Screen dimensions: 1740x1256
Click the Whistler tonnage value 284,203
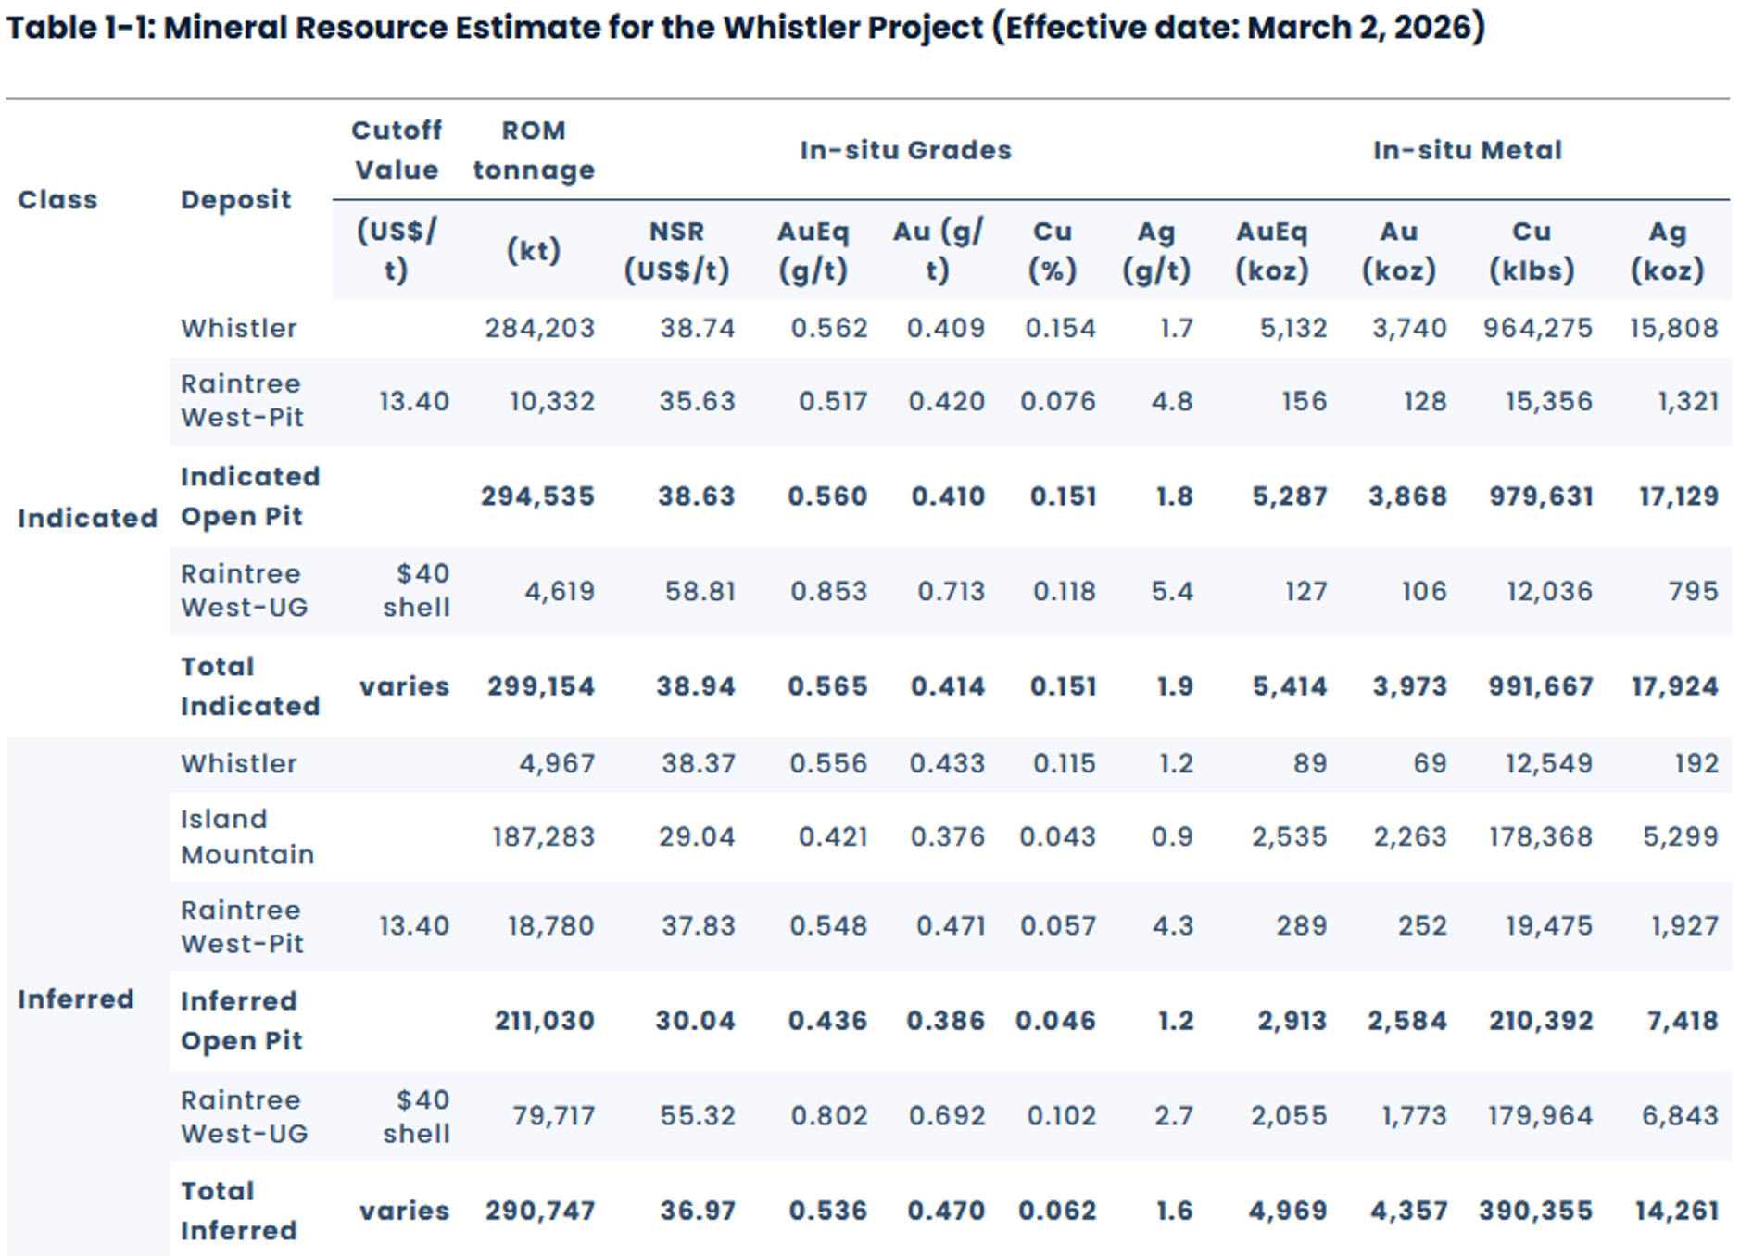(539, 329)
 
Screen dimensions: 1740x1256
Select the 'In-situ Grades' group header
(905, 150)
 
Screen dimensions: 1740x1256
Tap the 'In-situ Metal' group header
(1467, 150)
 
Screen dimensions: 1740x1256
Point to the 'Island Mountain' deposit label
(247, 836)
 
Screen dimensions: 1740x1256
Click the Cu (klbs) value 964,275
(1537, 329)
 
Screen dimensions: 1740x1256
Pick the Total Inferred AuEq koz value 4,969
(1287, 1211)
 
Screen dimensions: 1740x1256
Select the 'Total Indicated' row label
(250, 686)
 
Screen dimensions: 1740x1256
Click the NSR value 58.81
(700, 591)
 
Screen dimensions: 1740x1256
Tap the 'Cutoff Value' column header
(397, 150)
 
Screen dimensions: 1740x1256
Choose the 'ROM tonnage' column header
(534, 150)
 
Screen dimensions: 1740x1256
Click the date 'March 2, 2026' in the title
(1359, 28)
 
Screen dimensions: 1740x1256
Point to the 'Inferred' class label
(76, 999)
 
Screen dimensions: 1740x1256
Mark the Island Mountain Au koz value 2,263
(1409, 837)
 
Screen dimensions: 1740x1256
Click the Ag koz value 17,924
(1674, 686)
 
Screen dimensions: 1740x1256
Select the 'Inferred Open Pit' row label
(239, 1021)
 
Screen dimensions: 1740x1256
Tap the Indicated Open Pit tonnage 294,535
(537, 496)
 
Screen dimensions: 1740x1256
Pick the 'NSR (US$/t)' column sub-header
(676, 251)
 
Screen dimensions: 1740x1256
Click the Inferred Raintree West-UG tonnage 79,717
(553, 1116)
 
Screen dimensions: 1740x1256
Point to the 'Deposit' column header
(235, 200)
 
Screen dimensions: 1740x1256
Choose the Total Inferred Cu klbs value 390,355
(1535, 1211)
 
